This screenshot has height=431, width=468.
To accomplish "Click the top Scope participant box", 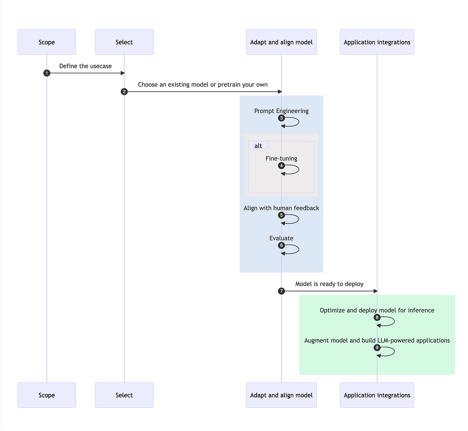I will point(47,42).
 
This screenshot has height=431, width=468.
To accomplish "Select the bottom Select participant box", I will point(124,395).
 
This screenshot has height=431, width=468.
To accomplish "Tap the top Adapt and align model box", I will point(281,42).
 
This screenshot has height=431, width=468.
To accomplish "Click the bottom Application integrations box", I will point(377,395).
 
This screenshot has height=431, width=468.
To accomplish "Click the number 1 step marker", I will point(47,73).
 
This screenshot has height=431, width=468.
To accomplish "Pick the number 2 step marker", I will point(124,92).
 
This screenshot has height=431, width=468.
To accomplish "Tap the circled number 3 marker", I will point(281,118).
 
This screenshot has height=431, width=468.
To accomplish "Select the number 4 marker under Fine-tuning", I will point(281,166).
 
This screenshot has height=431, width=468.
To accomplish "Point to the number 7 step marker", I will point(281,291).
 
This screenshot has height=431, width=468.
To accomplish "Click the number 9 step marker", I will point(377,348).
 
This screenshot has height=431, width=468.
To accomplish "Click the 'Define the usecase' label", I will point(85,66).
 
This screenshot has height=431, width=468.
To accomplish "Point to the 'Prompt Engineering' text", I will point(281,111).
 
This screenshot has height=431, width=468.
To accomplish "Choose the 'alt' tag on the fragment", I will point(258,145).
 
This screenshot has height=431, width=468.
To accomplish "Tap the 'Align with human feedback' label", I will point(281,208).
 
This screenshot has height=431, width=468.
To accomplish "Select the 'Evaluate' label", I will point(281,238).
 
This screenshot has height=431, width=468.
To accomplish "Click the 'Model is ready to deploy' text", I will point(329,284).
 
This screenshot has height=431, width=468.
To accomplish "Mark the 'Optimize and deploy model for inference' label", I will point(377,310).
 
